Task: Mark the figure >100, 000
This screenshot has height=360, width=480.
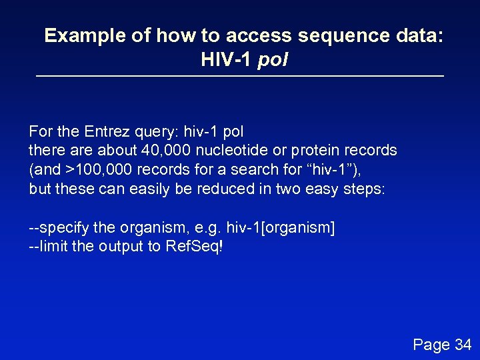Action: point(95,169)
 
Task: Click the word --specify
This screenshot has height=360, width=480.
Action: point(59,227)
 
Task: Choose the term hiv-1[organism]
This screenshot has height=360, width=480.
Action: point(281,227)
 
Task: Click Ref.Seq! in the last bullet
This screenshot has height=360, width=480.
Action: point(197,246)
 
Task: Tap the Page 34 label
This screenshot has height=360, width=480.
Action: point(442,344)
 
